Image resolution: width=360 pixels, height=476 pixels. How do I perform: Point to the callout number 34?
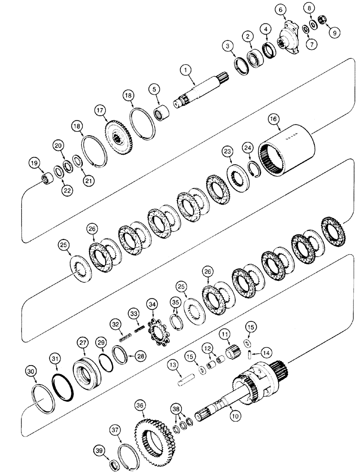[x=152, y=303]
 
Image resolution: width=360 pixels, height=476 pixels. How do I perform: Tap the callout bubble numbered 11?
[x=224, y=336]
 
